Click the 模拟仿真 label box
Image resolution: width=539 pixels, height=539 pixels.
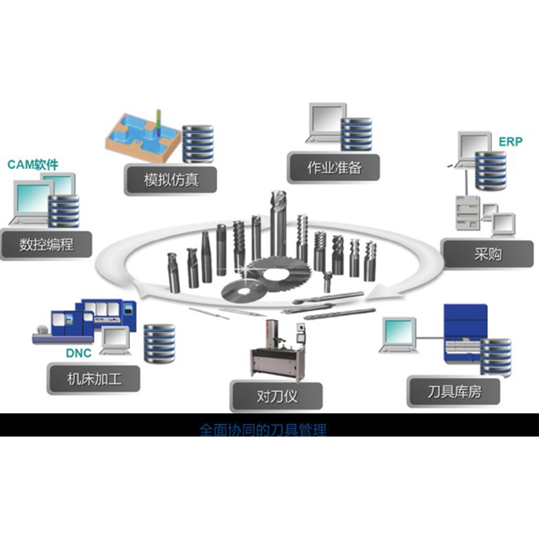point(171,180)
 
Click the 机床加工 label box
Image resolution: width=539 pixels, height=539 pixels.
point(94,379)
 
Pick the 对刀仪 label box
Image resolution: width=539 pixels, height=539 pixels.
point(276,395)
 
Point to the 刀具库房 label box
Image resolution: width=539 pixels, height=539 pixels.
point(454,391)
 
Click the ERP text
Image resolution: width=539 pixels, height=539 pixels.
point(511,142)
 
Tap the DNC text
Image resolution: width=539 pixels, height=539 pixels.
point(79,352)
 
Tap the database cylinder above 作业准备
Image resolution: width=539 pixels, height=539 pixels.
point(356,131)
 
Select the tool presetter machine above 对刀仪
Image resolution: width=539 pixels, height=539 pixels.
point(277,350)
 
